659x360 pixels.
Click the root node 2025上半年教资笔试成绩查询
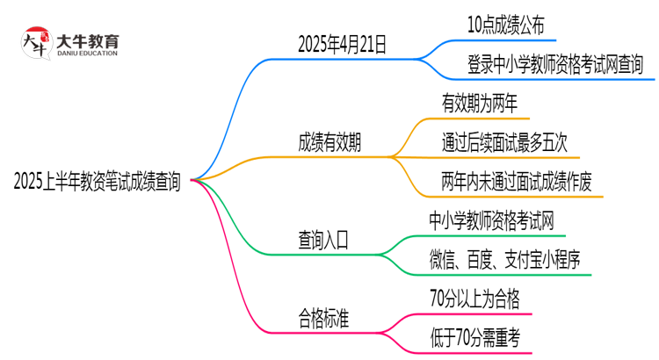click(98, 182)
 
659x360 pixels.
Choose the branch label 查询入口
click(323, 238)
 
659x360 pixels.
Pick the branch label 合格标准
click(323, 317)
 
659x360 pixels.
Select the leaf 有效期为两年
click(485, 104)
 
